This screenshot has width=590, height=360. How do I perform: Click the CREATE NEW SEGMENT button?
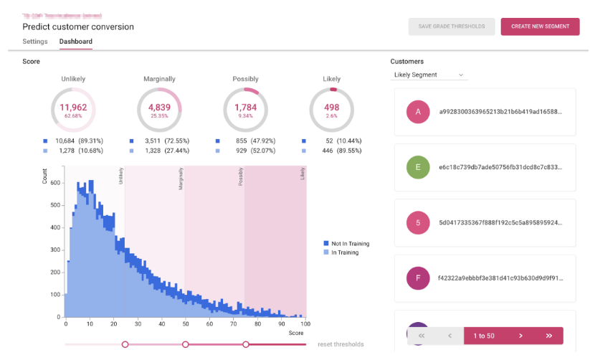pos(540,27)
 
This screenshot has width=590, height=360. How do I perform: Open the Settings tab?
pos(35,42)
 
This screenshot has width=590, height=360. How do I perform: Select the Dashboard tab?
pos(75,42)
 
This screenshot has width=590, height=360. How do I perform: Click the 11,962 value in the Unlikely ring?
pos(74,108)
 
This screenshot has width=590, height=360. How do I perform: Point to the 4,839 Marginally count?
pos(160,108)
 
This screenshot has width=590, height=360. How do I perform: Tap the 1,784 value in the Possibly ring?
pos(246,108)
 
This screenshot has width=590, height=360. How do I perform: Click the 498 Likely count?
pos(332,108)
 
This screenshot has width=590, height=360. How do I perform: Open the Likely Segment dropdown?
pos(429,75)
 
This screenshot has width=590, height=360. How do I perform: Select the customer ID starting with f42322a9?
pos(495,278)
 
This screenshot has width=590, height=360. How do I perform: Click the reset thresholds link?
pos(341,344)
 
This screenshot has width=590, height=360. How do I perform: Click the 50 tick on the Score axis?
pos(185,323)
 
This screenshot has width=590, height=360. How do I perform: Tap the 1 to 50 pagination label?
pos(484,336)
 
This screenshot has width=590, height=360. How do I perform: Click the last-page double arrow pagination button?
pos(548,336)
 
